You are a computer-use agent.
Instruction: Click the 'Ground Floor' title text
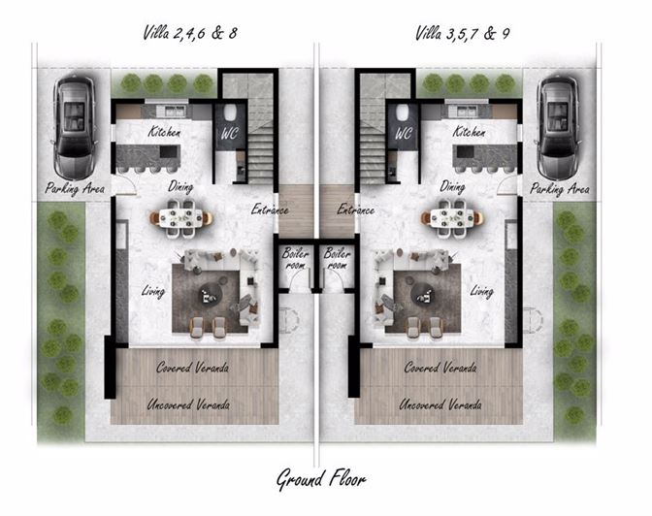321,479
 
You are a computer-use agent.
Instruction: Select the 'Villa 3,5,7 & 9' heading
463,33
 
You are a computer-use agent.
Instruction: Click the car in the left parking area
74,121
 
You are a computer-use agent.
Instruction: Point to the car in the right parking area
559,121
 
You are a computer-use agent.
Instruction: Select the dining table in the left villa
181,217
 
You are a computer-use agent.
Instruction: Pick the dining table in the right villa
451,217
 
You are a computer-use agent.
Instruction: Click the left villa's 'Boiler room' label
295,258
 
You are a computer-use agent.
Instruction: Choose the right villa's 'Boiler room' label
338,258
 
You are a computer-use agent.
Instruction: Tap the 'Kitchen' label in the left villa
164,132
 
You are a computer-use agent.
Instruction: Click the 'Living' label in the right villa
482,290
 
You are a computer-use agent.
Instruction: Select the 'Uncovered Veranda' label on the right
440,403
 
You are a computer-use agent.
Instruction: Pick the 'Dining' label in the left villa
180,186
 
